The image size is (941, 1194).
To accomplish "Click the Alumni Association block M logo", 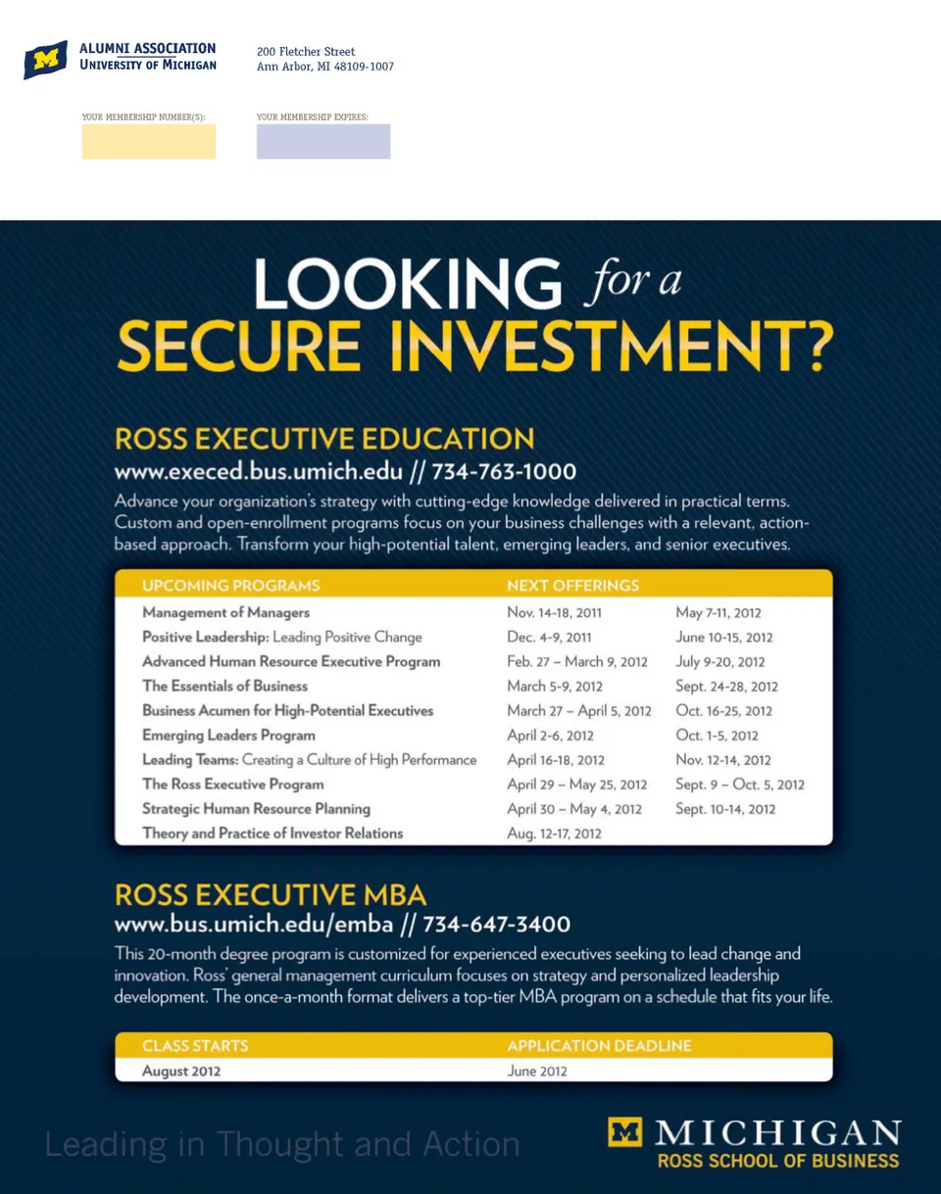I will (x=45, y=60).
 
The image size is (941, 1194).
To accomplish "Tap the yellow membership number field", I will (x=149, y=141).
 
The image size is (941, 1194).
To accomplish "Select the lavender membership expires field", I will (x=323, y=141).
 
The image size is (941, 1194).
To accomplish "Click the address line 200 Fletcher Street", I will (x=306, y=52).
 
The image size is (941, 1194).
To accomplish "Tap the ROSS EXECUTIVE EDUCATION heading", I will (x=324, y=438).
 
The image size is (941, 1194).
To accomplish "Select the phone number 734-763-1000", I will (x=504, y=471).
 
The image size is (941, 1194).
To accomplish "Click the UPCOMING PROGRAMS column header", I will (x=231, y=586).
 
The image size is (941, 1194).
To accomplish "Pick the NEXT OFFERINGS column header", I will (x=572, y=586).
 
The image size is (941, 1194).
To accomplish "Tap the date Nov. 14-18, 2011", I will (x=554, y=613).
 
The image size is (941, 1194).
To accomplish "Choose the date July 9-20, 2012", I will (x=720, y=662).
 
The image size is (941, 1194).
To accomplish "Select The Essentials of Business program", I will (x=224, y=687).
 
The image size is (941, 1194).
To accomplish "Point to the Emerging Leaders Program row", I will (x=228, y=736).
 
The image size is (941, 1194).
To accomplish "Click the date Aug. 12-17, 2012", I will (x=554, y=834).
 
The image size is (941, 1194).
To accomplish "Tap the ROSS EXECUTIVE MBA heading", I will (x=271, y=895).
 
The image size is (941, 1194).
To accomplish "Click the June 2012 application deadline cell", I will (x=537, y=1071).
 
